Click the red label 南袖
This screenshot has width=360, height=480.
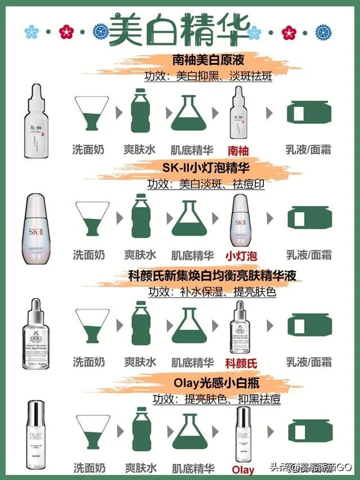click(x=238, y=151)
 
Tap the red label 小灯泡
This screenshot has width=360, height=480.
click(x=241, y=256)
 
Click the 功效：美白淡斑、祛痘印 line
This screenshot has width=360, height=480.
click(x=206, y=183)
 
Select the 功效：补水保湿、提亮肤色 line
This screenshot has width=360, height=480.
click(x=212, y=292)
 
